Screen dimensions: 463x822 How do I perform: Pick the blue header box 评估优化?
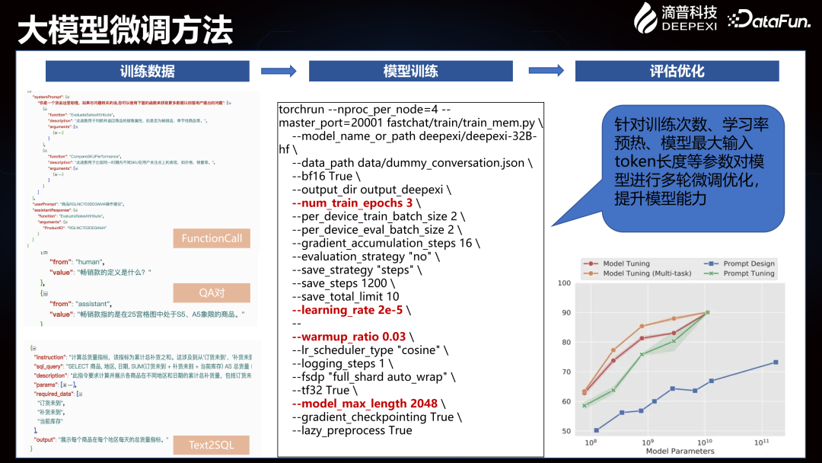[x=677, y=72]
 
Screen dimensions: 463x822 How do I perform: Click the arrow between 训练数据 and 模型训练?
[x=279, y=72]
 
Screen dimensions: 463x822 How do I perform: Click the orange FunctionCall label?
[x=212, y=238]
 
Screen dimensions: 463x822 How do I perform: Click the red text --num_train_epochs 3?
[x=355, y=203]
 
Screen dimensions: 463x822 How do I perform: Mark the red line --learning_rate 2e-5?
[x=351, y=310]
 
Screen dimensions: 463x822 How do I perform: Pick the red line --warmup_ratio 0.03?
[x=349, y=337]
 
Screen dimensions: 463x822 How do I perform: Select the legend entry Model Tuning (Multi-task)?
[x=632, y=273]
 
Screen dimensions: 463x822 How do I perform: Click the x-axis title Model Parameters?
[x=680, y=451]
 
